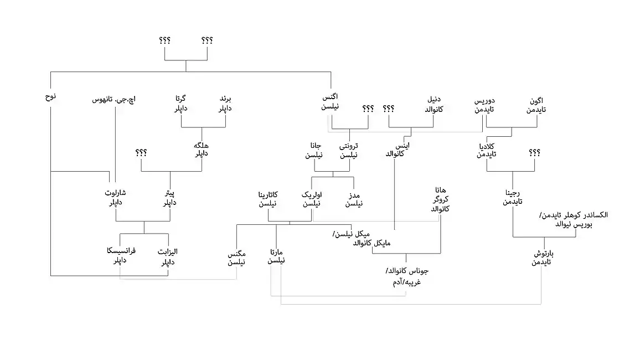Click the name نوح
(50, 97)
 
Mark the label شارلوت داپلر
(116, 198)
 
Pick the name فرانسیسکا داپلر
(121, 255)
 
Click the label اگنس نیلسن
(331, 102)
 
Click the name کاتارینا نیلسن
(268, 199)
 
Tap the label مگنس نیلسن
(237, 258)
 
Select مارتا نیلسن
(276, 258)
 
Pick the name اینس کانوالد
(396, 149)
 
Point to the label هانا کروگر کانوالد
(440, 199)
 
